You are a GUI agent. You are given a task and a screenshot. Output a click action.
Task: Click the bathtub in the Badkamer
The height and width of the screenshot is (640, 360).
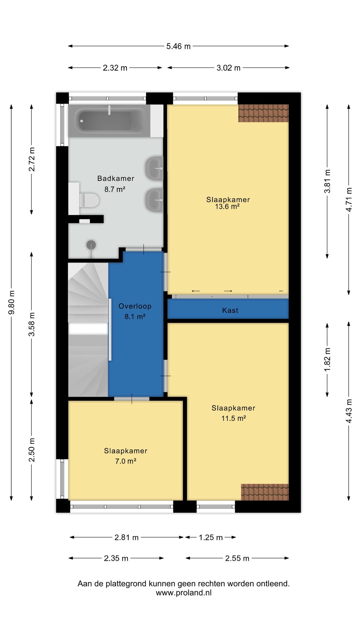pos(109,120)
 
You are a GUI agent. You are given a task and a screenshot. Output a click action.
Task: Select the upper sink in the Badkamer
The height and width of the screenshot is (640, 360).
pos(154,168)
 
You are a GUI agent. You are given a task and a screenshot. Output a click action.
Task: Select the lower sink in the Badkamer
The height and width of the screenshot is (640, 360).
pos(154,200)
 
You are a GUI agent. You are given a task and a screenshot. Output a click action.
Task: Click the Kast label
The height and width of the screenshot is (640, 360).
pos(230,310)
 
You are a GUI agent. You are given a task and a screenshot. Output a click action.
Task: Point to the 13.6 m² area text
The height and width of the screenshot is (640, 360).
pos(227,207)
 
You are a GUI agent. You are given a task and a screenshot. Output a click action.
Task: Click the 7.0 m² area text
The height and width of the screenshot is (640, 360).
pos(126,461)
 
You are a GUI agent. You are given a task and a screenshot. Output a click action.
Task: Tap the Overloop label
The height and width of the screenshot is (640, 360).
pos(135,306)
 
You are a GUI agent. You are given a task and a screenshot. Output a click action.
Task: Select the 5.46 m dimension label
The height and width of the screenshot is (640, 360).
pos(178,46)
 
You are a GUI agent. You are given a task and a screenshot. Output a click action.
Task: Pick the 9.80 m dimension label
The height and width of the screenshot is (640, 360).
pos(12,302)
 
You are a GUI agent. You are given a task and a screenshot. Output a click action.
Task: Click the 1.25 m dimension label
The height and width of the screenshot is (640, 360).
pos(211,537)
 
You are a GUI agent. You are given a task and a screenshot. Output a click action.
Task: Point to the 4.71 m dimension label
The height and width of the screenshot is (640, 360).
pos(349,200)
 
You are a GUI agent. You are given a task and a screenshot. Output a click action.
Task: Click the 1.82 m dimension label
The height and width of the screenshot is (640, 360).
pos(327,360)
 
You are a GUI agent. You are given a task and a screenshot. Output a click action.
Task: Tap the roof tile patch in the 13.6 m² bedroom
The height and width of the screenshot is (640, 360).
pos(263,113)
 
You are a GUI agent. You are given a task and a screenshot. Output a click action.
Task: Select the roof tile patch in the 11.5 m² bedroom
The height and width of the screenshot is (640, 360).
pos(265,492)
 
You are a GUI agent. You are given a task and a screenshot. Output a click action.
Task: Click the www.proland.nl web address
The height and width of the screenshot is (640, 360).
pos(184,593)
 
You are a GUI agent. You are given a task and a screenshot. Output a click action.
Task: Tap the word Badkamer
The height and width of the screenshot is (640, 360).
pos(116,178)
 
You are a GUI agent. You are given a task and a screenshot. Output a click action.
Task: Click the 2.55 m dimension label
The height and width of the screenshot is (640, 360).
pos(237,558)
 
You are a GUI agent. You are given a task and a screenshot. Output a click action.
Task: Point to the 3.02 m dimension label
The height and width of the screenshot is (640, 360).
pos(228,68)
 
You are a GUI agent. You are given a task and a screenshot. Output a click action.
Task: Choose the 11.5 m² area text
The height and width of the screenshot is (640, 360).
pos(234,418)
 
